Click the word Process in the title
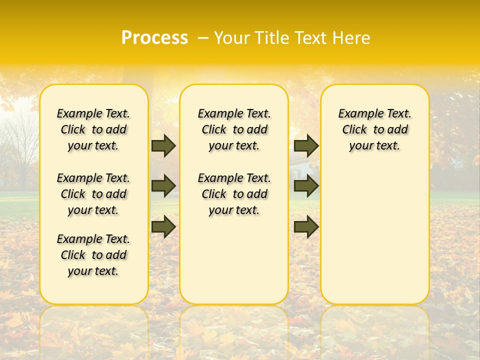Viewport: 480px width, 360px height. point(154,37)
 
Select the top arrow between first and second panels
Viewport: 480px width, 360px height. point(163,145)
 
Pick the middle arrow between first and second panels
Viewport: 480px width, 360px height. point(163,185)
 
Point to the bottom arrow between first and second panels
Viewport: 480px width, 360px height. point(163,226)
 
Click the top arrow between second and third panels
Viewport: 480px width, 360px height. point(306,145)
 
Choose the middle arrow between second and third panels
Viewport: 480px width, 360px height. point(306,185)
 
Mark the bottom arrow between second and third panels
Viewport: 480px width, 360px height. point(306,226)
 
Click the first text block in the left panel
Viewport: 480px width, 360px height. point(93,129)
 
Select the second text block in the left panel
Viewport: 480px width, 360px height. point(93,194)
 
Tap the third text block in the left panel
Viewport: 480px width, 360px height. point(93,255)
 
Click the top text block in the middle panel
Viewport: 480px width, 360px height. point(234,129)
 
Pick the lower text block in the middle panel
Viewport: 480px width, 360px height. point(234,194)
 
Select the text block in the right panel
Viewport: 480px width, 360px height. point(375,129)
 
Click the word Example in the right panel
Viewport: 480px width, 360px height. point(357,113)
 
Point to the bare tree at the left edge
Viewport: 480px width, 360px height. point(20,145)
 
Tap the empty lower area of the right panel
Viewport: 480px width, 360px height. point(375,240)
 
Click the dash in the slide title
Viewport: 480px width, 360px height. point(203,38)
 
